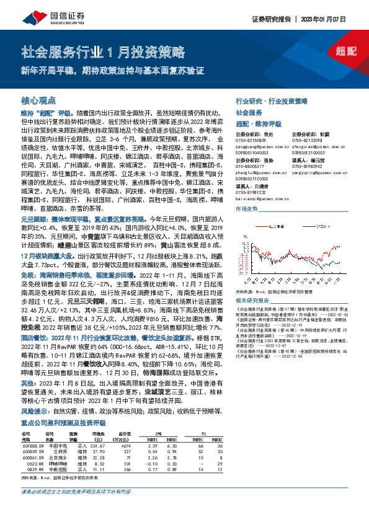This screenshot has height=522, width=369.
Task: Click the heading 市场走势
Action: coord(247,209)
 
